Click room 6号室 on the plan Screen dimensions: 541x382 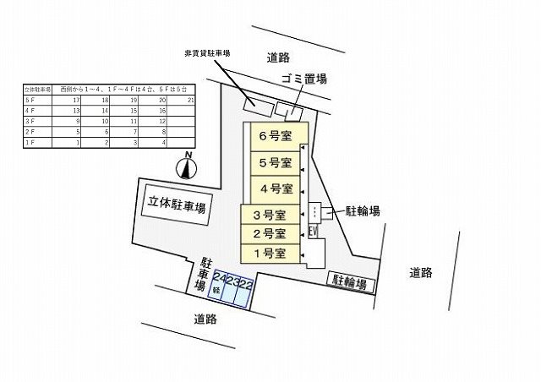pyautogui.click(x=276, y=136)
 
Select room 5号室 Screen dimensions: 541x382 pyautogui.click(x=276, y=162)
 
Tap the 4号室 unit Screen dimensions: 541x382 pyautogui.click(x=276, y=188)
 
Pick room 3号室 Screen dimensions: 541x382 pyautogui.click(x=270, y=215)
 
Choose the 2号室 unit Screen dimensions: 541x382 pyautogui.click(x=270, y=233)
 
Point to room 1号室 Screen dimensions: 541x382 pyautogui.click(x=270, y=254)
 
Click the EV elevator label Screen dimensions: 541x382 pyautogui.click(x=312, y=231)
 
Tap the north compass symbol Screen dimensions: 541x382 pyautogui.click(x=187, y=166)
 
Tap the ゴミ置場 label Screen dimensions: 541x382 pyautogui.click(x=304, y=79)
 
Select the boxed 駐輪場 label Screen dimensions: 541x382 pyautogui.click(x=348, y=281)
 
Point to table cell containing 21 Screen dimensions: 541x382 pyautogui.click(x=191, y=100)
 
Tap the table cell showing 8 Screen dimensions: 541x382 pyautogui.click(x=161, y=133)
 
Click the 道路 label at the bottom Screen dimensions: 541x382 pyautogui.click(x=205, y=319)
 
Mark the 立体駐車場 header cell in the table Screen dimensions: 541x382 pyautogui.click(x=36, y=89)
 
